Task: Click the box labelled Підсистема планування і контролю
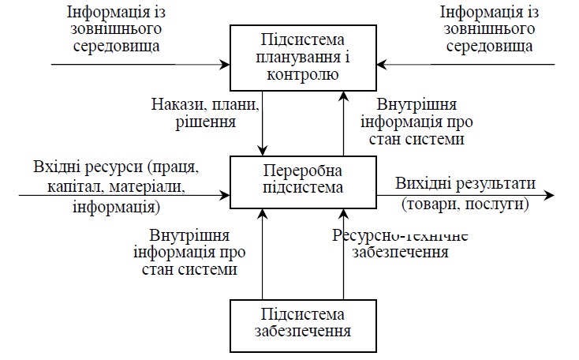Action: [x=302, y=56]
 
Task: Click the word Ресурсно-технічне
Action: [x=401, y=234]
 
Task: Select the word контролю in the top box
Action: [x=302, y=76]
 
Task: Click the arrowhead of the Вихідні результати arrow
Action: [x=550, y=194]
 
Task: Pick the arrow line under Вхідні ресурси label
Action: [x=118, y=194]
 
